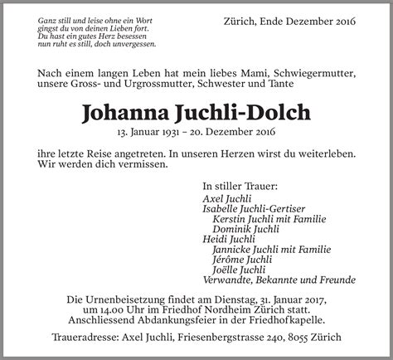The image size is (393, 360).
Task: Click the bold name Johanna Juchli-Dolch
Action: pyautogui.click(x=196, y=112)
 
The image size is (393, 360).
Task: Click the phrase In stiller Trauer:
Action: pyautogui.click(x=240, y=187)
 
